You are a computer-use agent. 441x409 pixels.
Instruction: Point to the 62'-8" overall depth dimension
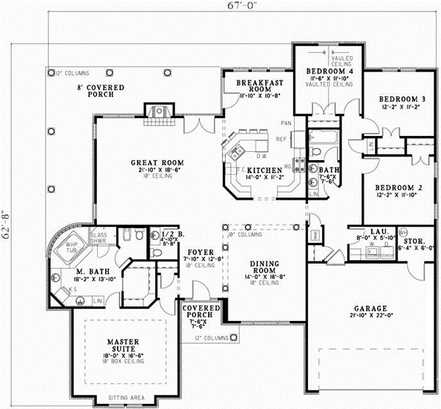tap(8, 218)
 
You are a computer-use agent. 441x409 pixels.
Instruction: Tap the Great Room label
tap(157, 163)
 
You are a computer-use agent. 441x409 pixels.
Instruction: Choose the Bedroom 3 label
tap(402, 99)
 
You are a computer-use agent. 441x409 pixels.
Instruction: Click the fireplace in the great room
tap(157, 110)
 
